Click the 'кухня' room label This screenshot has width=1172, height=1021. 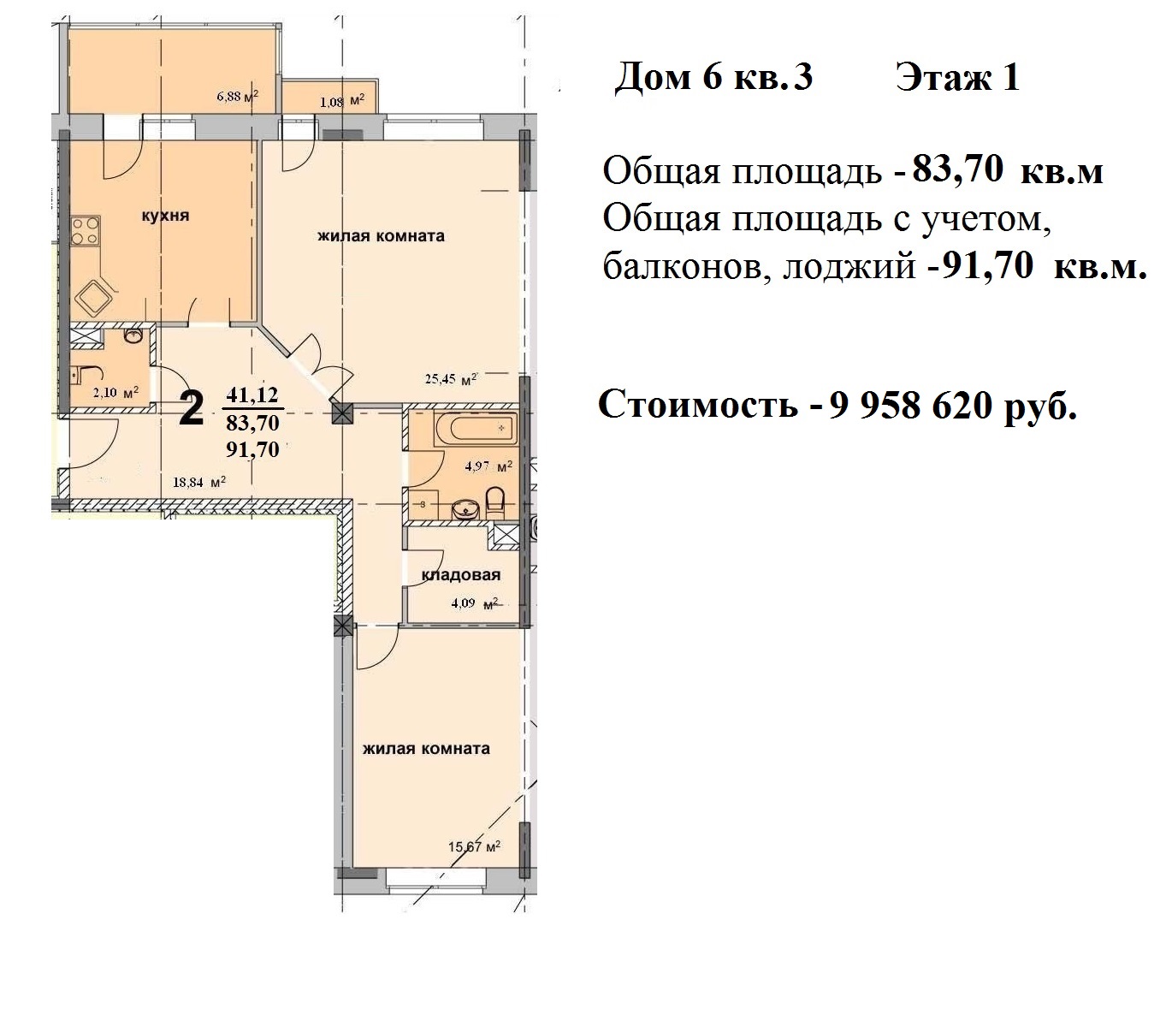[165, 216]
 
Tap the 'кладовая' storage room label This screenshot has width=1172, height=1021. [460, 574]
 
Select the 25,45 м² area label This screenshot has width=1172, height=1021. [451, 379]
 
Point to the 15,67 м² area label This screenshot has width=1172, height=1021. [474, 846]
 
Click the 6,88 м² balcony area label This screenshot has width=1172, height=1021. [237, 96]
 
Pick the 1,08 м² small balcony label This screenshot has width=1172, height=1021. [342, 101]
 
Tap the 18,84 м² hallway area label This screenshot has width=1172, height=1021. [199, 482]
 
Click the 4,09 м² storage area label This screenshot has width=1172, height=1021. [475, 603]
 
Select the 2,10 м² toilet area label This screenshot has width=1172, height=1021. [115, 393]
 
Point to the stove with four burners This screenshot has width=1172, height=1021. [86, 230]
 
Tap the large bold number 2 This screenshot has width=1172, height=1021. [191, 408]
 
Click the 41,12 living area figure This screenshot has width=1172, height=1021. [252, 395]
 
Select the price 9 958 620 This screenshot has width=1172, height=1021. [910, 406]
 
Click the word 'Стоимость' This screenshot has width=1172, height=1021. [698, 404]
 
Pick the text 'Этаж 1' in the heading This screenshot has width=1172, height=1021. [958, 77]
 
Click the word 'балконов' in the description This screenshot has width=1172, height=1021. [683, 267]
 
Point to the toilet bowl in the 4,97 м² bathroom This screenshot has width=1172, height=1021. [494, 503]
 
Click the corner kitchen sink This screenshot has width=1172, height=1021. [94, 298]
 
